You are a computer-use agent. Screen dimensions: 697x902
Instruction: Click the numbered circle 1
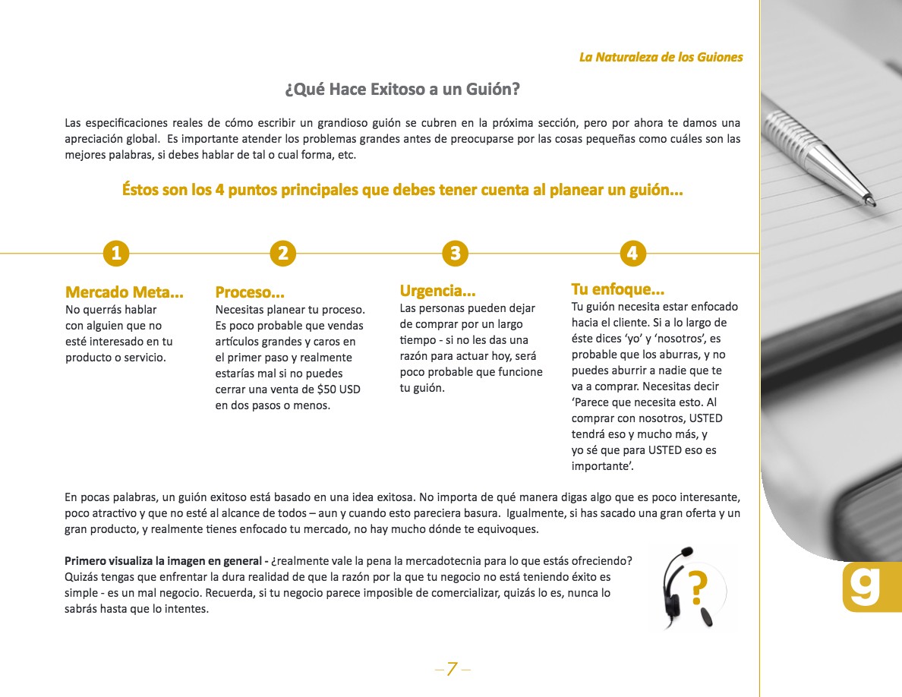[116, 254]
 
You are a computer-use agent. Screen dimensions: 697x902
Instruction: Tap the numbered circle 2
[282, 254]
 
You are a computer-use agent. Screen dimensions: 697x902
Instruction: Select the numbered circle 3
[455, 253]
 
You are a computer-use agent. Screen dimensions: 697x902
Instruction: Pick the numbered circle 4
[632, 253]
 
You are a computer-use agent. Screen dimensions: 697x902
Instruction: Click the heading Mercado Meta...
[125, 292]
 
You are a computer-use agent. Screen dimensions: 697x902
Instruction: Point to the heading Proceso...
[250, 292]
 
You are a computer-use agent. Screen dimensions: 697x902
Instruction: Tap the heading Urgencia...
[437, 291]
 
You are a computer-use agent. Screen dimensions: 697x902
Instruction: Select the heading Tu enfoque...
[617, 289]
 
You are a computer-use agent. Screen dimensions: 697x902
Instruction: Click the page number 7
[452, 669]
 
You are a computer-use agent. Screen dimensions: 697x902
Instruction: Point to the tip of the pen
[873, 204]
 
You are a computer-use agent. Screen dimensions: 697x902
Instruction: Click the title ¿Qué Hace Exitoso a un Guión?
[402, 90]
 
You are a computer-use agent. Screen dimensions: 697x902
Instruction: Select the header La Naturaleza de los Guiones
[661, 57]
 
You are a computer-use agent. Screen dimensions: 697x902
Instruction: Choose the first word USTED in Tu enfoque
[705, 418]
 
